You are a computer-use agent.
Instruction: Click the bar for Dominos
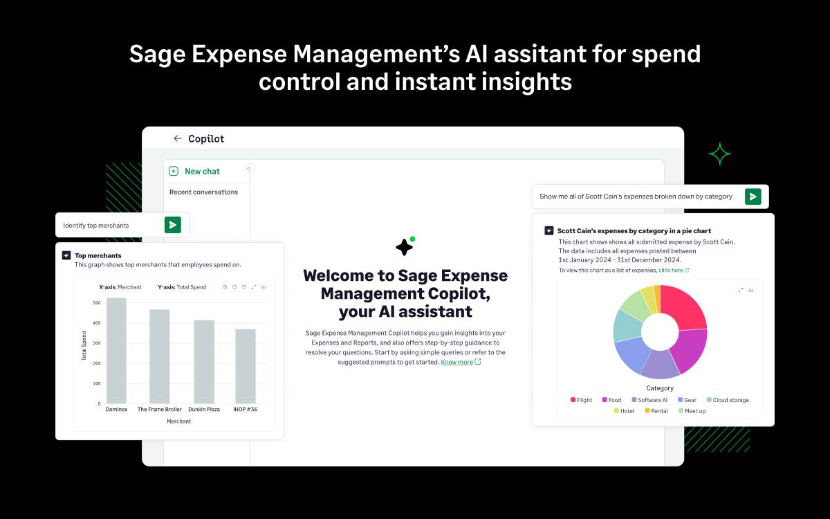[116, 351]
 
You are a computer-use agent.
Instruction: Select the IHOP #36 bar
[245, 366]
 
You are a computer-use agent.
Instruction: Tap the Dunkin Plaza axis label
[203, 410]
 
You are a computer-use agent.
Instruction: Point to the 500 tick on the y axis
[96, 302]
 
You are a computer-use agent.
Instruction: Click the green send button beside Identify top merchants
[173, 225]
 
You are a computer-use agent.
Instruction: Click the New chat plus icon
[174, 171]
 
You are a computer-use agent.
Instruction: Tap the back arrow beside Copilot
[178, 138]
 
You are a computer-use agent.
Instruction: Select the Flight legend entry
[581, 400]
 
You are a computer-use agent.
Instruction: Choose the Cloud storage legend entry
[727, 400]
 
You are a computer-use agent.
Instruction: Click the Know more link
[457, 362]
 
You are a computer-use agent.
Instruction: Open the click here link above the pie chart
[671, 271]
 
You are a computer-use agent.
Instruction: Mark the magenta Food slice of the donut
[690, 349]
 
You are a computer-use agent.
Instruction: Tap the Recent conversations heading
[203, 192]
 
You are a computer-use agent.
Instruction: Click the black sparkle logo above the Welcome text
[405, 246]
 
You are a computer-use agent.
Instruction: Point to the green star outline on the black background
[719, 154]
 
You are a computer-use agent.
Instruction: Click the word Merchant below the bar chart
[178, 421]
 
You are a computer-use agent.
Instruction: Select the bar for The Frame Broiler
[160, 356]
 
